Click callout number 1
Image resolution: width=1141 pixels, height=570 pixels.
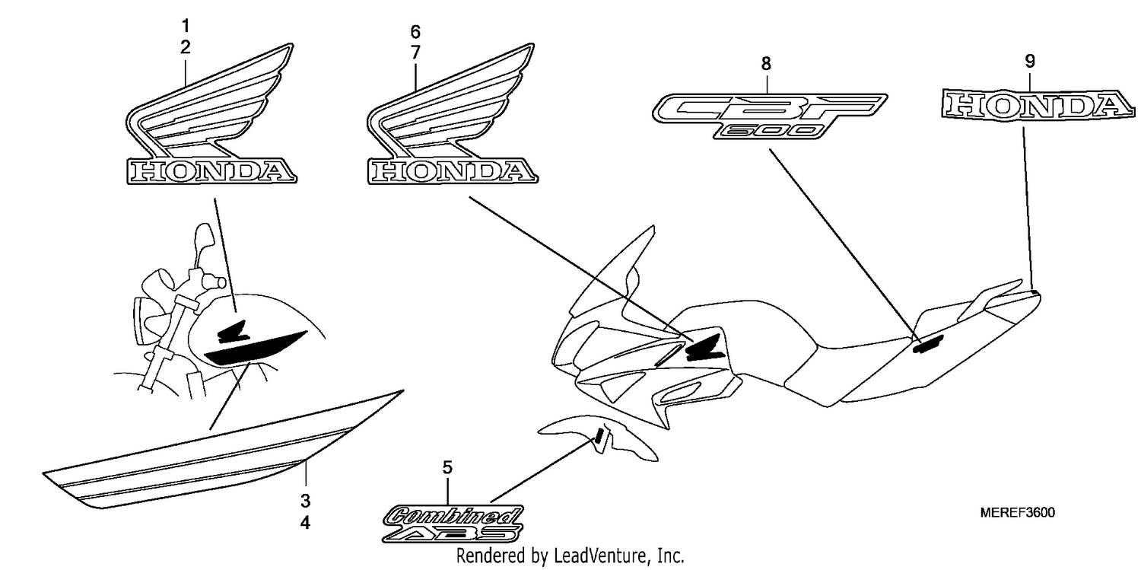point(186,25)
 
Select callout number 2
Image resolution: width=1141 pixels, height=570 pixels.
point(186,47)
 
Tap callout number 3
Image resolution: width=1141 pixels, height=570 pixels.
point(305,501)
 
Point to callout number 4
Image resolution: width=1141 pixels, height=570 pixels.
point(305,523)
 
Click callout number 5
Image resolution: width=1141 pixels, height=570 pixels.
point(447,467)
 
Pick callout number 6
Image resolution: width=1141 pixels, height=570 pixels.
point(415,32)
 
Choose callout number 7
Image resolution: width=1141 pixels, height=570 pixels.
point(415,53)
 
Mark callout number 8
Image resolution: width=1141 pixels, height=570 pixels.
point(766,64)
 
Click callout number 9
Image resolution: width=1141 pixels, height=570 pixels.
point(1030,61)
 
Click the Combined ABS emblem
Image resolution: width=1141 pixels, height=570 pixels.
point(453,524)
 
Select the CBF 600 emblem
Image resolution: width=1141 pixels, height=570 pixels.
point(769,116)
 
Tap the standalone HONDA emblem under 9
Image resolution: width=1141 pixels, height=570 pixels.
point(1038,106)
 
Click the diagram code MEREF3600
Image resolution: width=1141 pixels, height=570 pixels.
point(1018,512)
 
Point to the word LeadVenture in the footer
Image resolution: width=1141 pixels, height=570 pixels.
point(600,556)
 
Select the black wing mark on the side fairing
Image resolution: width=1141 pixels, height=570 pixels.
point(704,348)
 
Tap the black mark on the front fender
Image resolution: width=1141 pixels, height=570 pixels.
point(599,435)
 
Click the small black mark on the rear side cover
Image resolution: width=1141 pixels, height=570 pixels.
point(928,344)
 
